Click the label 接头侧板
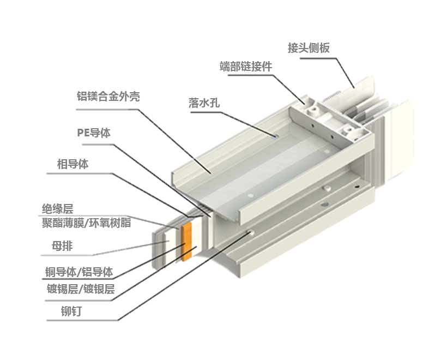309,48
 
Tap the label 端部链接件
246,66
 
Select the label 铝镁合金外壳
108,97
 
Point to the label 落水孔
204,103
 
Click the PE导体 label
94,133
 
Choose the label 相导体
73,164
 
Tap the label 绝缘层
58,209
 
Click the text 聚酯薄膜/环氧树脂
86,223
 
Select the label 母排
62,245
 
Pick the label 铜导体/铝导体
79,272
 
